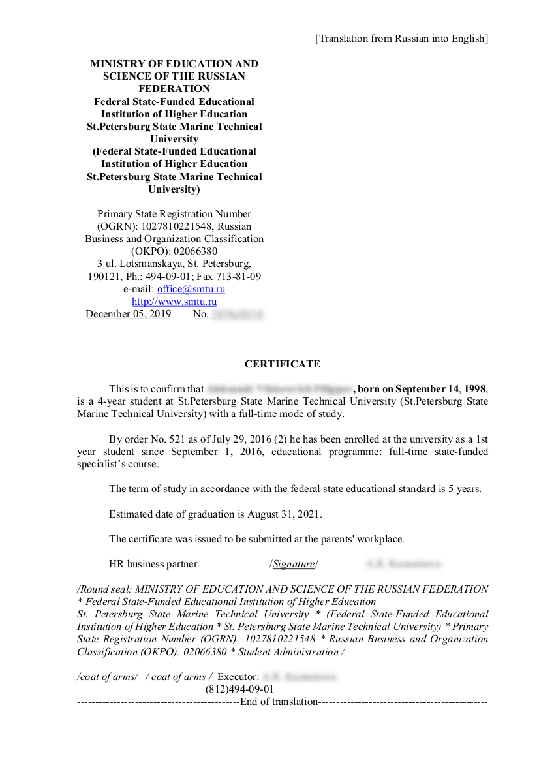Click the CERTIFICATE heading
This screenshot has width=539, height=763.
tap(282, 364)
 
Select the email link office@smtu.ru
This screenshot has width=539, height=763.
tap(191, 289)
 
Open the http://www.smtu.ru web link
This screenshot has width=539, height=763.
tap(174, 302)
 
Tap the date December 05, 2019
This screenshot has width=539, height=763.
tap(128, 314)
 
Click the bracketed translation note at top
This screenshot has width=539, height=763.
tap(401, 39)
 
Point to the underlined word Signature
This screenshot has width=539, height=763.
tap(294, 564)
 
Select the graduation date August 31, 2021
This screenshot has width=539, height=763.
tap(284, 514)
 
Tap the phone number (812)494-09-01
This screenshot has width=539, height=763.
tap(239, 689)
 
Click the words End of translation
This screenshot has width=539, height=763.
tap(279, 702)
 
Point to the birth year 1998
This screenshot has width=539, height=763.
tap(474, 389)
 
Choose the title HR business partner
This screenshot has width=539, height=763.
tap(153, 564)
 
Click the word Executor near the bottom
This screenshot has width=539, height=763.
tap(238, 677)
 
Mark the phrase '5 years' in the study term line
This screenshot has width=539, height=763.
tap(465, 489)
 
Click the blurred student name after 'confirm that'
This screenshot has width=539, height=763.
tap(279, 389)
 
